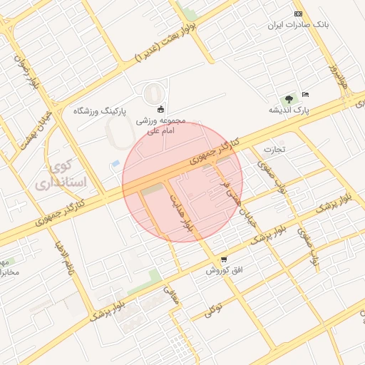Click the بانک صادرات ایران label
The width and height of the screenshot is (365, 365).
(298, 24)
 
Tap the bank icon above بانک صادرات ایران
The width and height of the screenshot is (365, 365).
(298, 14)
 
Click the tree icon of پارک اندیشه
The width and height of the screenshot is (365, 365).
(289, 99)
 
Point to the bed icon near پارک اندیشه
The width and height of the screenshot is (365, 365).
(306, 94)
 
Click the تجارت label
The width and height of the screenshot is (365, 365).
(274, 150)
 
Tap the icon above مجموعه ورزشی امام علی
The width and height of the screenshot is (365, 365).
(160, 109)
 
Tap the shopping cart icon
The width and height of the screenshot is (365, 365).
(224, 259)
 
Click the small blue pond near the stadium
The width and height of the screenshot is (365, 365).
(115, 165)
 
